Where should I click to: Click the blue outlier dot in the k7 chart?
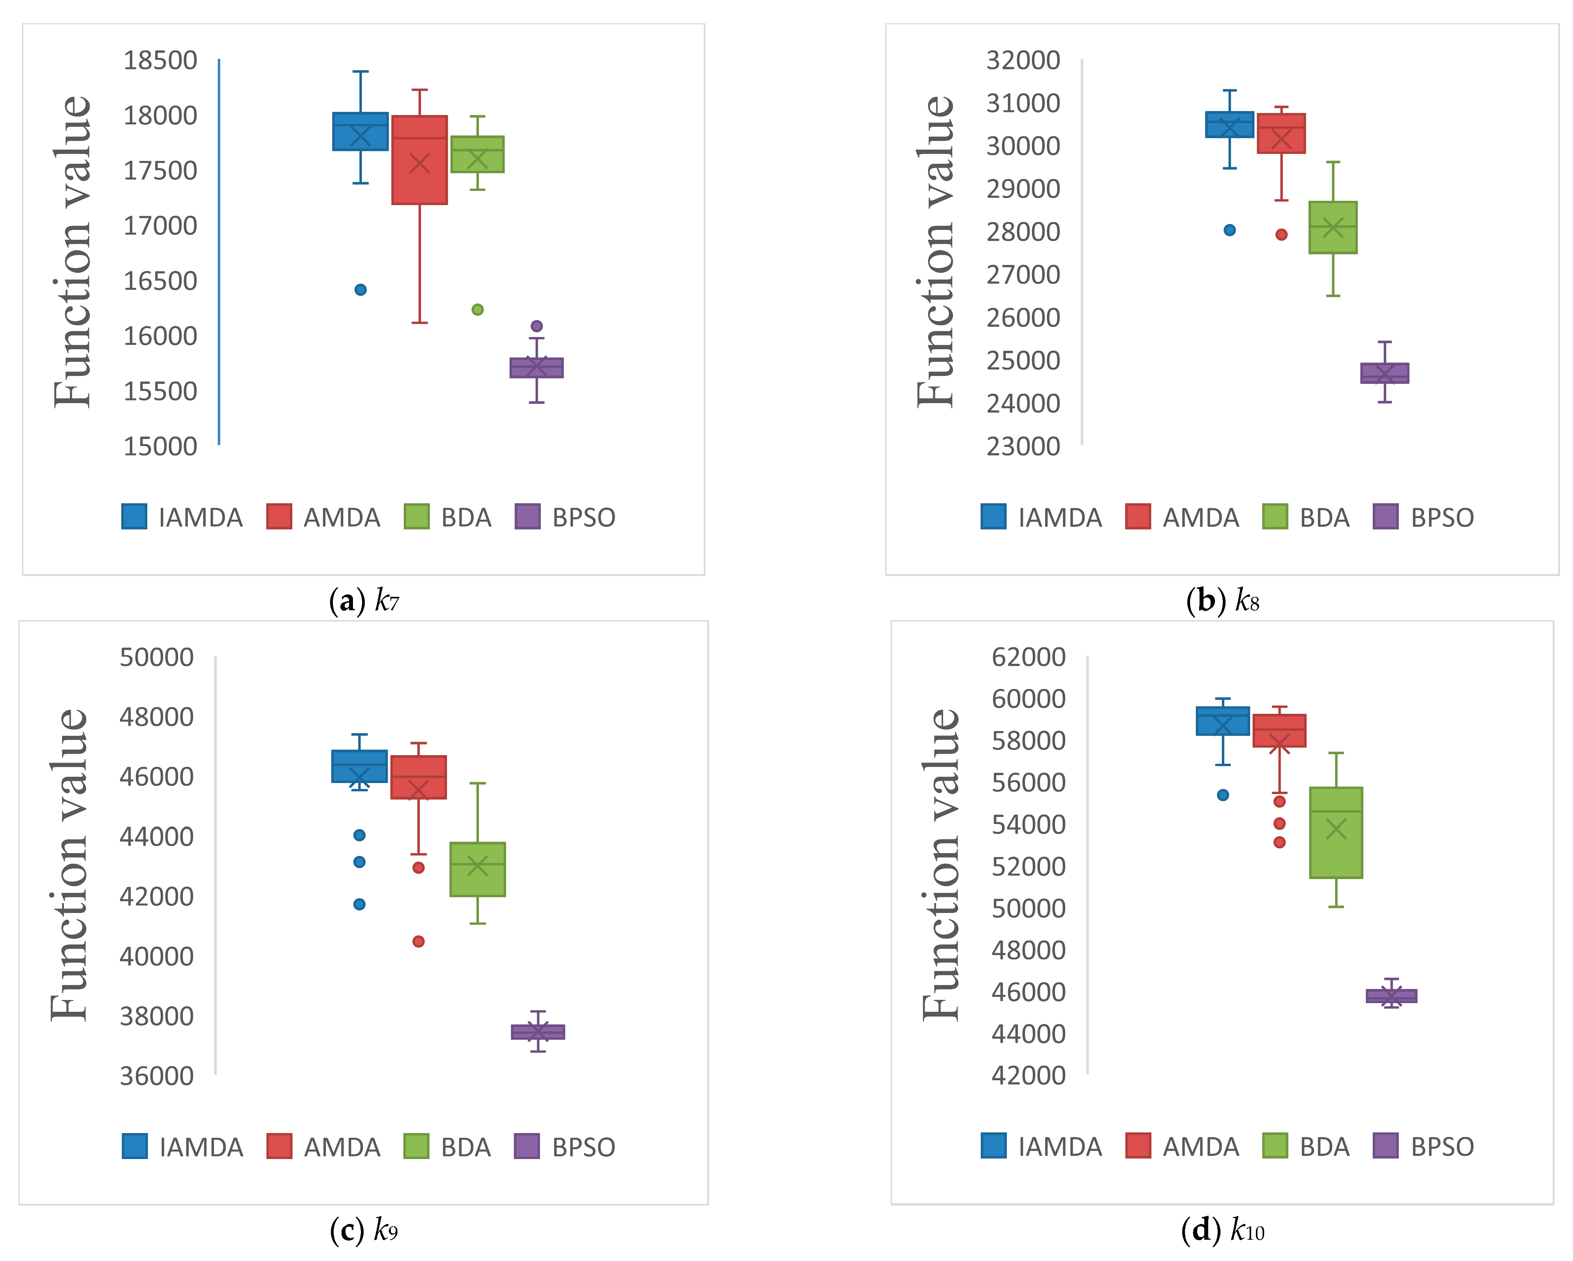(360, 289)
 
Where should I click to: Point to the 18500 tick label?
(160, 60)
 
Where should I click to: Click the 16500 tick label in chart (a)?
(160, 281)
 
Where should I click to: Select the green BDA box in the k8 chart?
(1333, 228)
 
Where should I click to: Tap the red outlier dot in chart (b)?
(1281, 234)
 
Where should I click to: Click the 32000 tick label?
(1023, 60)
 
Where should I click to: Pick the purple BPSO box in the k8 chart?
(1385, 373)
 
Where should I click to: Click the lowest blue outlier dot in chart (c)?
(359, 904)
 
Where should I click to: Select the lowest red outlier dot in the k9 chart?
(418, 942)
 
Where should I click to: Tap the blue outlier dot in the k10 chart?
(1223, 795)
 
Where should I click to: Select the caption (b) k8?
(1223, 601)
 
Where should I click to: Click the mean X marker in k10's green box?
(1336, 829)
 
